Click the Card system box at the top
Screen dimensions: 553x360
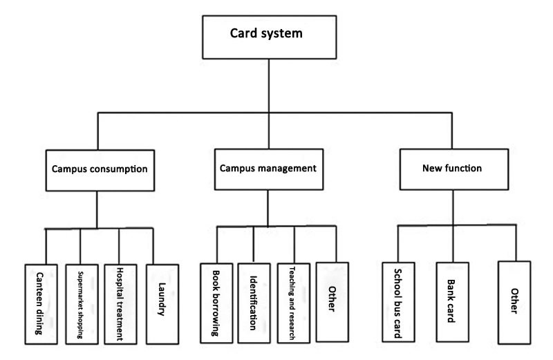point(270,37)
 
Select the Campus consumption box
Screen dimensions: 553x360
point(100,170)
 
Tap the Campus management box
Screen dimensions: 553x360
point(269,169)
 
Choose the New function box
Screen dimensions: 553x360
point(454,169)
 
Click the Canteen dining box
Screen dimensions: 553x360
point(41,304)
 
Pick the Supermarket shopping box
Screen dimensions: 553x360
point(82,304)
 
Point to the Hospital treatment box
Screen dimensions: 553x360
point(120,304)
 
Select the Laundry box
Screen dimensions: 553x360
point(162,304)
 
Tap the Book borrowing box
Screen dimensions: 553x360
point(216,303)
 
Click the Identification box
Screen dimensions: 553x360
point(254,303)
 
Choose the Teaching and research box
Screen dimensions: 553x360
point(294,303)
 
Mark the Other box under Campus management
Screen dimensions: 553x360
point(332,302)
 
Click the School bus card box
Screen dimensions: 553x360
point(399,302)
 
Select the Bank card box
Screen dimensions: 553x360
point(453,302)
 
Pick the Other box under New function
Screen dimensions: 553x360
point(514,303)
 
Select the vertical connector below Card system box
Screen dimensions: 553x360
point(269,86)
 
